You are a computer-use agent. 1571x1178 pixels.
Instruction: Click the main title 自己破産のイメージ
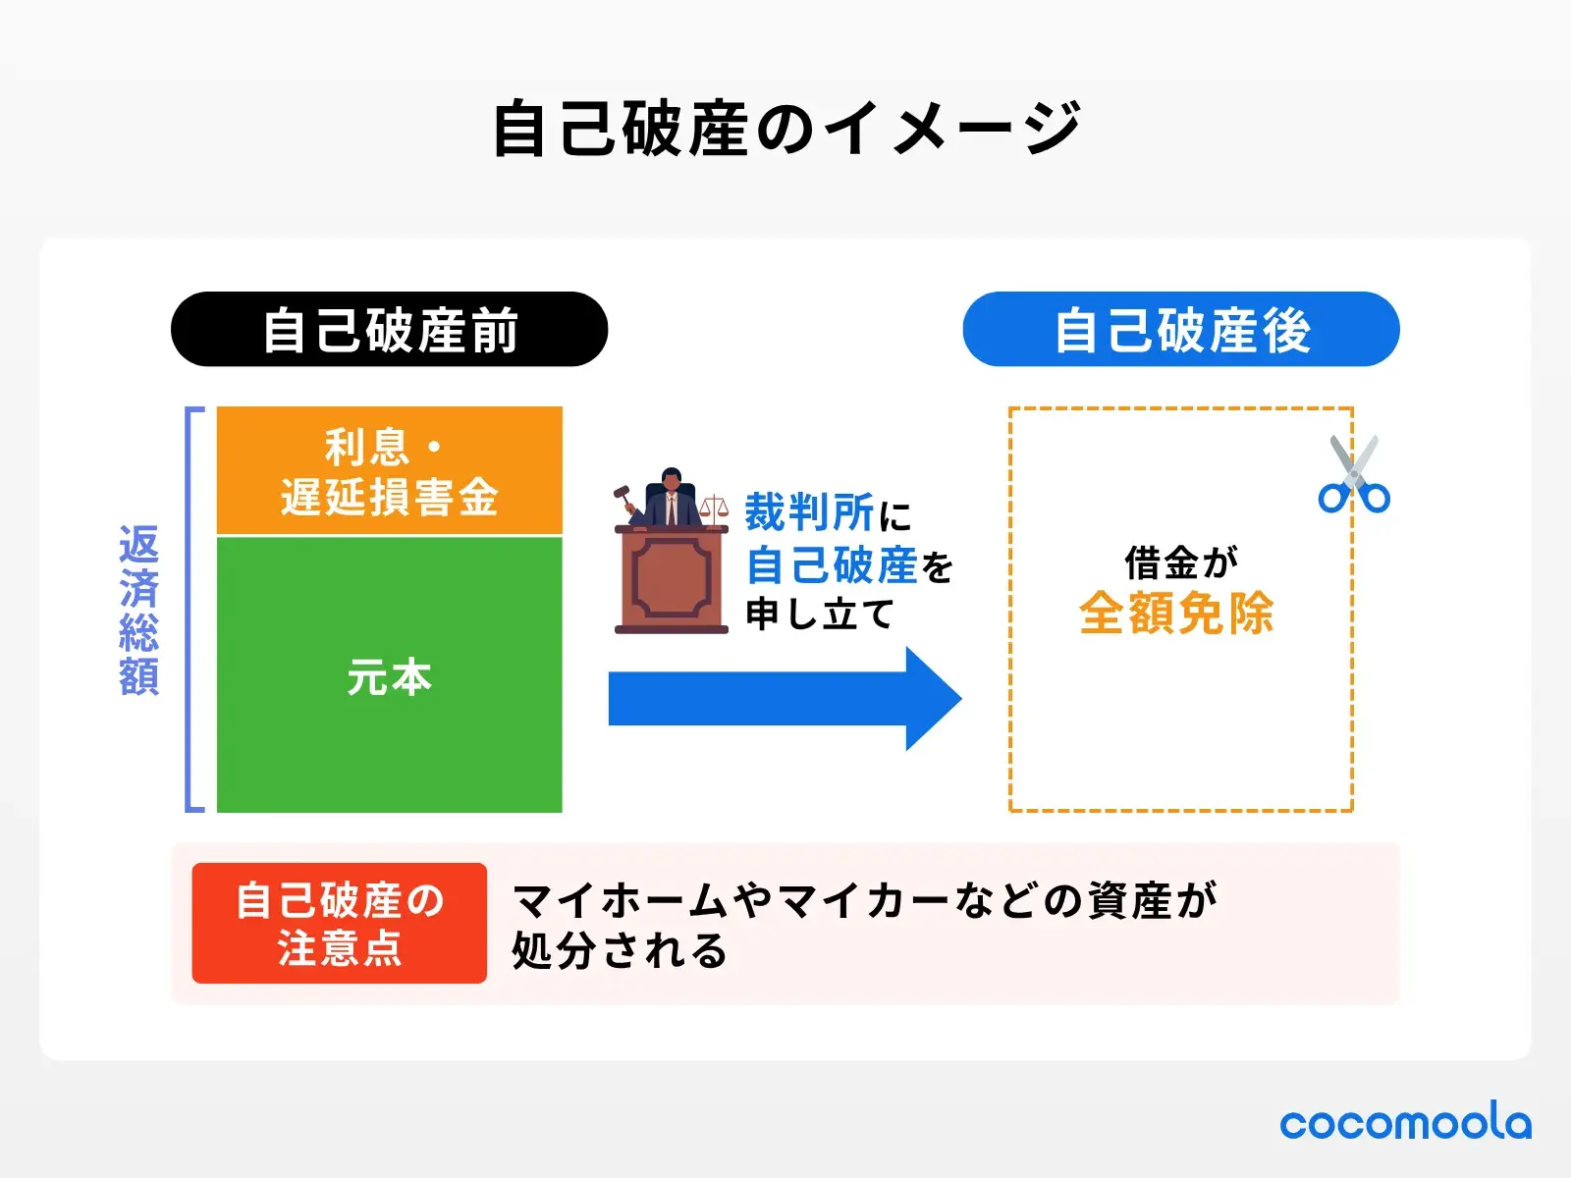point(785,129)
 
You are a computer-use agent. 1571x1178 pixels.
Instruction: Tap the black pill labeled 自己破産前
point(389,330)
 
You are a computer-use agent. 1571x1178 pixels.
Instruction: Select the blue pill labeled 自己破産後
point(1180,330)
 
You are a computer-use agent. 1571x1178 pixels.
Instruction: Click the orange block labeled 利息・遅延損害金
point(389,472)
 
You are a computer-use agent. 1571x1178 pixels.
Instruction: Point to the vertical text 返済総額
point(138,610)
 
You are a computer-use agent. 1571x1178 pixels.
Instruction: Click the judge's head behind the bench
point(672,481)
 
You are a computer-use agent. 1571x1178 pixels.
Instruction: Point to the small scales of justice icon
point(715,507)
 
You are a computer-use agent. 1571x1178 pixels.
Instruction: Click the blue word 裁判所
point(809,512)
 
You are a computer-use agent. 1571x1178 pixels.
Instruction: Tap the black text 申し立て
point(819,615)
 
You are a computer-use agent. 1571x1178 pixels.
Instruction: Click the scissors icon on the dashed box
point(1354,476)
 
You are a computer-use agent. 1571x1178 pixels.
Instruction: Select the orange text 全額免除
point(1176,614)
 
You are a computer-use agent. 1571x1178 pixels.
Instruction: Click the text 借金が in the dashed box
point(1180,563)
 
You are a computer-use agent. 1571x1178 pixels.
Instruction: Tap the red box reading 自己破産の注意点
point(339,924)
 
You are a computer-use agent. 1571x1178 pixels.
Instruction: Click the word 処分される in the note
point(620,950)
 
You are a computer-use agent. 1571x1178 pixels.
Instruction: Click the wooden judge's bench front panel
point(672,579)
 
